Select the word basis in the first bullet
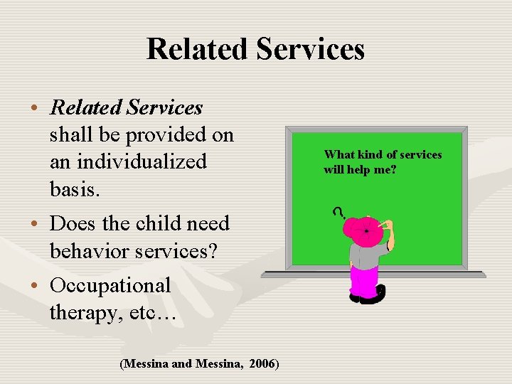coord(74,188)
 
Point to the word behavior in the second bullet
coord(91,250)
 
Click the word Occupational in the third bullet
coord(110,285)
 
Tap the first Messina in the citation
coord(147,364)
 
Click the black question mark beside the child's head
coord(338,211)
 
